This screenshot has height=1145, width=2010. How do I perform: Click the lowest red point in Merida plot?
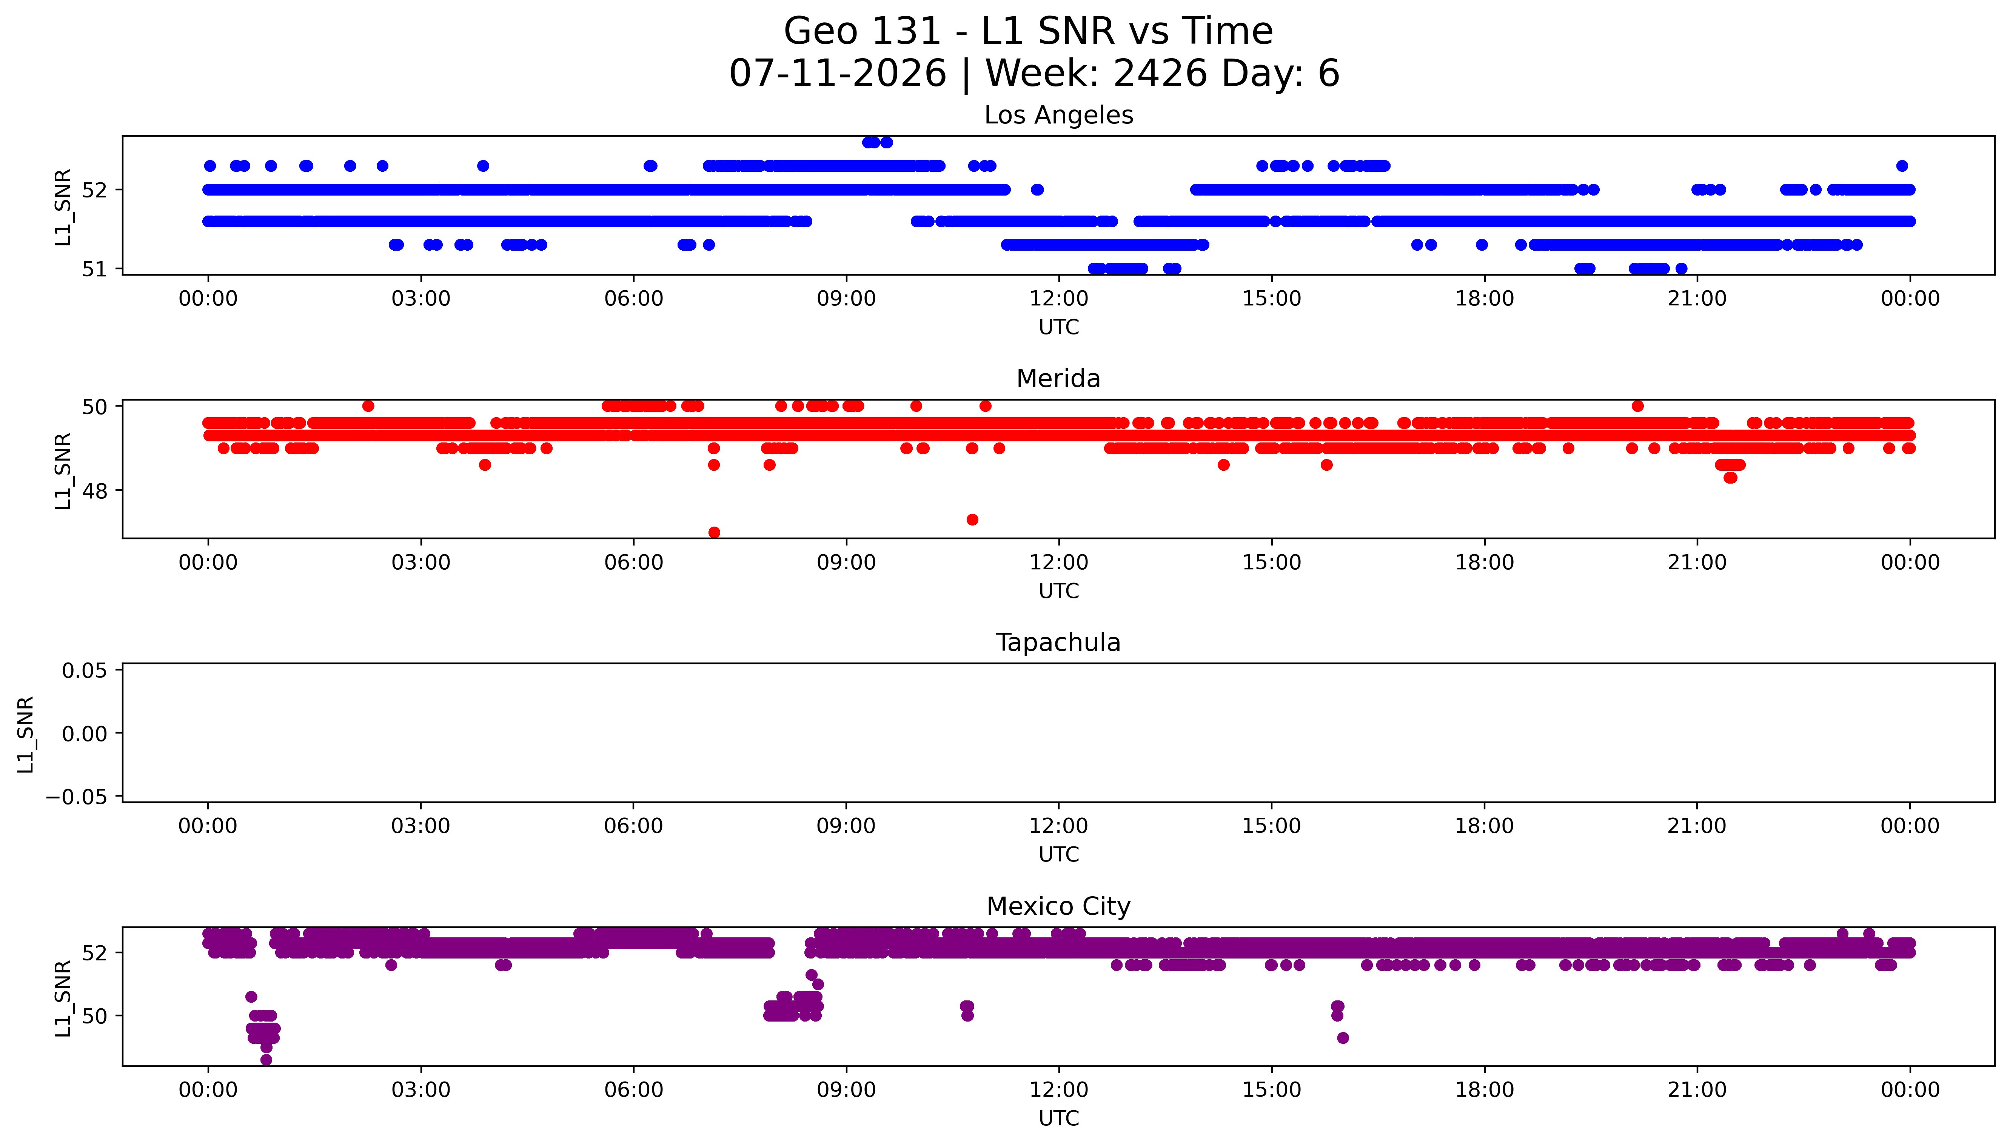714,532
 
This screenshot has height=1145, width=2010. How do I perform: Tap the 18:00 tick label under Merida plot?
1484,562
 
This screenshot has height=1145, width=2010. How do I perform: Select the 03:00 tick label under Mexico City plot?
420,1090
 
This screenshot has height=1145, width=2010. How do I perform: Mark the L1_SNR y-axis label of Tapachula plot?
26,734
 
